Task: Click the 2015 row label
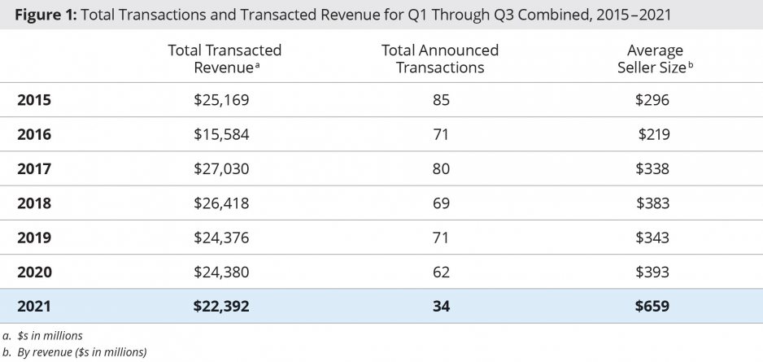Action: pos(34,100)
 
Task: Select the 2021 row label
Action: pos(34,306)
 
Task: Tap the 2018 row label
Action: pos(34,203)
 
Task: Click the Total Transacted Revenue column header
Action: pos(225,59)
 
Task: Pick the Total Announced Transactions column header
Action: pos(440,59)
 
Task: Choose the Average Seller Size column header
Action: pos(655,59)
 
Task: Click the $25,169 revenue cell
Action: pos(221,100)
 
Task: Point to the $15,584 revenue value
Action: pos(221,134)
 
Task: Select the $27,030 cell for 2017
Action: pos(221,168)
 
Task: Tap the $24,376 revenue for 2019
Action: pos(221,238)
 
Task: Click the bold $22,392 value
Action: pos(221,306)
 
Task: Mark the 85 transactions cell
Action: pos(441,100)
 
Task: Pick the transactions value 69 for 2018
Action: pos(441,203)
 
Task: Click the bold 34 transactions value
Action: pos(441,306)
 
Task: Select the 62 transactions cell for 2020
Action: pos(441,272)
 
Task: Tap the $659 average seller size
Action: pos(654,306)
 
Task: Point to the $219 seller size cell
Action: pos(654,134)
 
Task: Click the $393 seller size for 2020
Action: pos(654,272)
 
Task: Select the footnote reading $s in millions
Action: pos(50,335)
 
